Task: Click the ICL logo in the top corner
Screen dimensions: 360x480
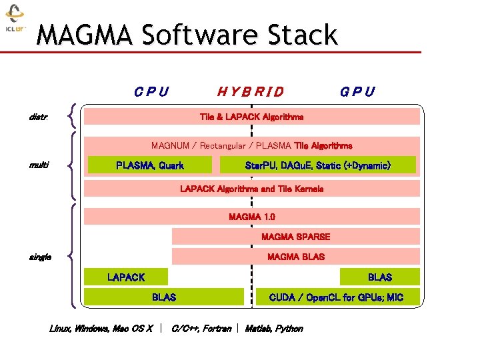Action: [15, 19]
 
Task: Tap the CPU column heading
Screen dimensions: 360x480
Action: [151, 92]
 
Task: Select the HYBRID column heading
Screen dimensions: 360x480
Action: [251, 92]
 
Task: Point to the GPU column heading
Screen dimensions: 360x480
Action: [357, 92]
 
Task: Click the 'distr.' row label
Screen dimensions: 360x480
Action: [38, 117]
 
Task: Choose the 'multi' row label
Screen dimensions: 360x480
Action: [39, 165]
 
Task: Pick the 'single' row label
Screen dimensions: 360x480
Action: [40, 257]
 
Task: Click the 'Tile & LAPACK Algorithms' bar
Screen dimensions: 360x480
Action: [251, 117]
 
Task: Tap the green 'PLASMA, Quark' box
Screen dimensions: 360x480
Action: [150, 165]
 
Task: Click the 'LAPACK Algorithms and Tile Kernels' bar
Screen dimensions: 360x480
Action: [251, 189]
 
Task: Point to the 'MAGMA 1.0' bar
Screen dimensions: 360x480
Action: [251, 217]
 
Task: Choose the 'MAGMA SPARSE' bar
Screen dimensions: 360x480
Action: [295, 237]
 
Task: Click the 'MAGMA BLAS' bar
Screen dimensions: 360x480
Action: [295, 257]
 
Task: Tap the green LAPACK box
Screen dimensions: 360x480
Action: [126, 277]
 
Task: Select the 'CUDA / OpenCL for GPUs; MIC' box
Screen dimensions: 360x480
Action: [337, 297]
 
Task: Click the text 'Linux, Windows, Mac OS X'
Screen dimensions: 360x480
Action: [101, 329]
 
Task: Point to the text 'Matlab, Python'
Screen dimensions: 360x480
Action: [274, 329]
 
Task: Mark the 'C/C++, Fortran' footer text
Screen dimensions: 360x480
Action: [201, 329]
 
